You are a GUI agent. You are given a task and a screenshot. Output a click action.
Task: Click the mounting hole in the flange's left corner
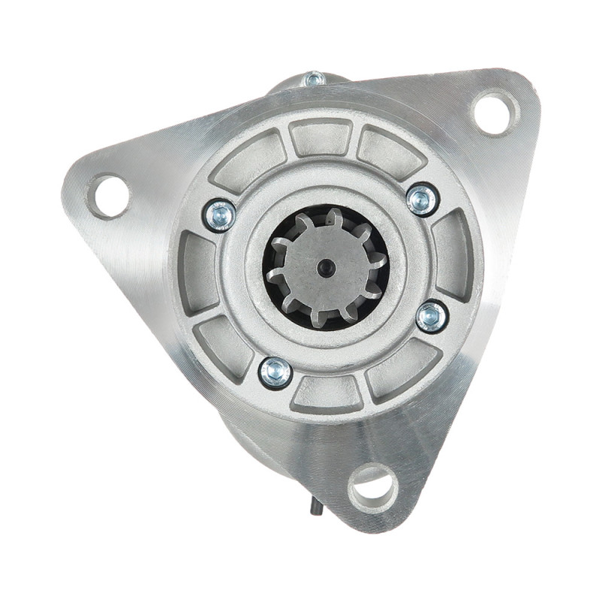(x=110, y=195)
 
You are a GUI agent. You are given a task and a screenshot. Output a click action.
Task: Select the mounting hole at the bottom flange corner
(x=373, y=486)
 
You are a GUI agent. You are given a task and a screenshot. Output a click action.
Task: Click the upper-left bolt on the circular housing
(x=220, y=215)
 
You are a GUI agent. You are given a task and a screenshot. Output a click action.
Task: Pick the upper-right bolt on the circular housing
(x=421, y=199)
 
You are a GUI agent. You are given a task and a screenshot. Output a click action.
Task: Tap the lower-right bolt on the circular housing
(x=432, y=316)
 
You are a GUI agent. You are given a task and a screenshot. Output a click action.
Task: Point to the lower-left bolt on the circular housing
(x=275, y=372)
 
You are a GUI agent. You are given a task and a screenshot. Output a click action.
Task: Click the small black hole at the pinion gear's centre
(x=325, y=267)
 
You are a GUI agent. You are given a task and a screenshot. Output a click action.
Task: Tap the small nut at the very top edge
(x=315, y=78)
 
